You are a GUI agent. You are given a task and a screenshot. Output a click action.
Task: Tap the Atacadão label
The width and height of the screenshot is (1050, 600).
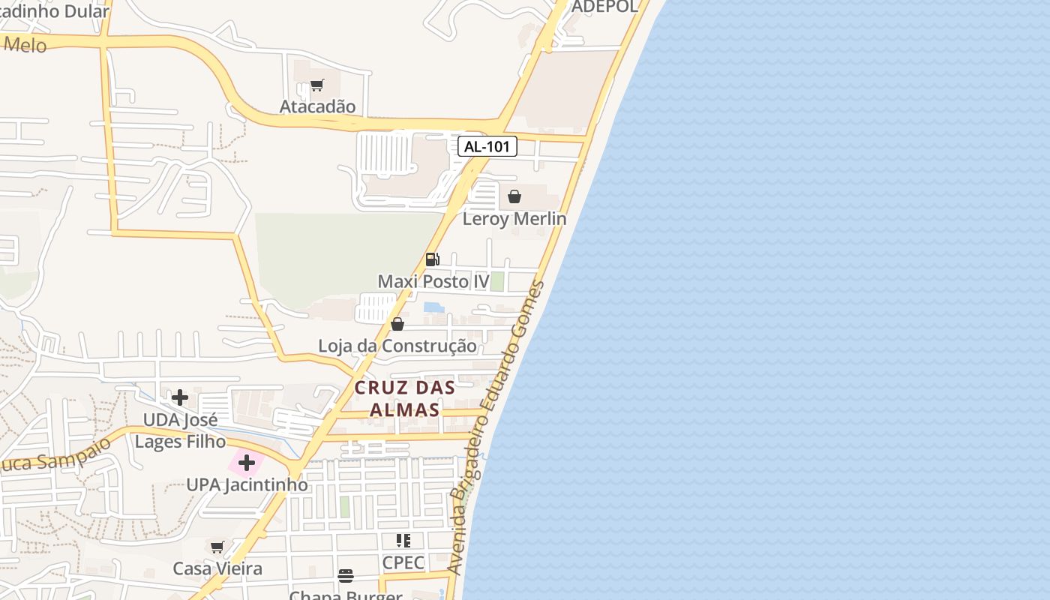click(x=317, y=106)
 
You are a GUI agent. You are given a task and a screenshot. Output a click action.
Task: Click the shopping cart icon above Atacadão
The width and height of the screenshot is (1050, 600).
click(x=316, y=85)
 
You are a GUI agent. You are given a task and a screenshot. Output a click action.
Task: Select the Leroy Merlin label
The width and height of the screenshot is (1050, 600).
click(x=514, y=219)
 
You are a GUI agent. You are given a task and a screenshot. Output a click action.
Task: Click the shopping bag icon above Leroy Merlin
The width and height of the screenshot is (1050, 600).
click(x=514, y=196)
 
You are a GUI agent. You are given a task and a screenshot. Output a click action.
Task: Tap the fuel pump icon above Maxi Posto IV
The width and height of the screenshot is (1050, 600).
click(x=433, y=259)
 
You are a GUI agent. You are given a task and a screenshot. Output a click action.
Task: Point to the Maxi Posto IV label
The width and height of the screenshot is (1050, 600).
click(x=433, y=282)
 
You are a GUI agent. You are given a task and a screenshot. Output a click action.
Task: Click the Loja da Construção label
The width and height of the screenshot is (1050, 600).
click(x=397, y=346)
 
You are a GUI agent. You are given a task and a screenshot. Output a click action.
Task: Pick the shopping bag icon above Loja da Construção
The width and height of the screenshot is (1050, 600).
click(x=397, y=324)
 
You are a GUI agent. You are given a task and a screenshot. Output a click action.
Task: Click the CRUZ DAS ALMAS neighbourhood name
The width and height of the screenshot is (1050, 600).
click(x=405, y=399)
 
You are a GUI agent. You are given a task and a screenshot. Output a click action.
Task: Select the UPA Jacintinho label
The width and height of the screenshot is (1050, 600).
click(x=247, y=485)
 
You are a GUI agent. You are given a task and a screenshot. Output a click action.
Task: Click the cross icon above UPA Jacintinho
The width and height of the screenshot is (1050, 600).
click(x=247, y=463)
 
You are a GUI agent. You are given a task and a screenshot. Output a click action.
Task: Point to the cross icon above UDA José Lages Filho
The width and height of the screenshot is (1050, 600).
click(x=180, y=397)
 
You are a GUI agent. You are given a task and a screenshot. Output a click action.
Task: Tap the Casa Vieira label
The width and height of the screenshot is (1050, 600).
click(x=217, y=568)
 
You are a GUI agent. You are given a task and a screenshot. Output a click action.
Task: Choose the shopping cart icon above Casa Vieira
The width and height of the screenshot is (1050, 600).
click(x=217, y=547)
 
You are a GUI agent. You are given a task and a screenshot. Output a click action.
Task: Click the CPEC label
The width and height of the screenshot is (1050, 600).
click(x=403, y=562)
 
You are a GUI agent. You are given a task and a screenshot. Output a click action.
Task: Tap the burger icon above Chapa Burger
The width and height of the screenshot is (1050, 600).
click(x=346, y=576)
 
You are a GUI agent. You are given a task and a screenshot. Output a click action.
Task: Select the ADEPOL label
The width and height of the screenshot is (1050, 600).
click(x=604, y=7)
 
